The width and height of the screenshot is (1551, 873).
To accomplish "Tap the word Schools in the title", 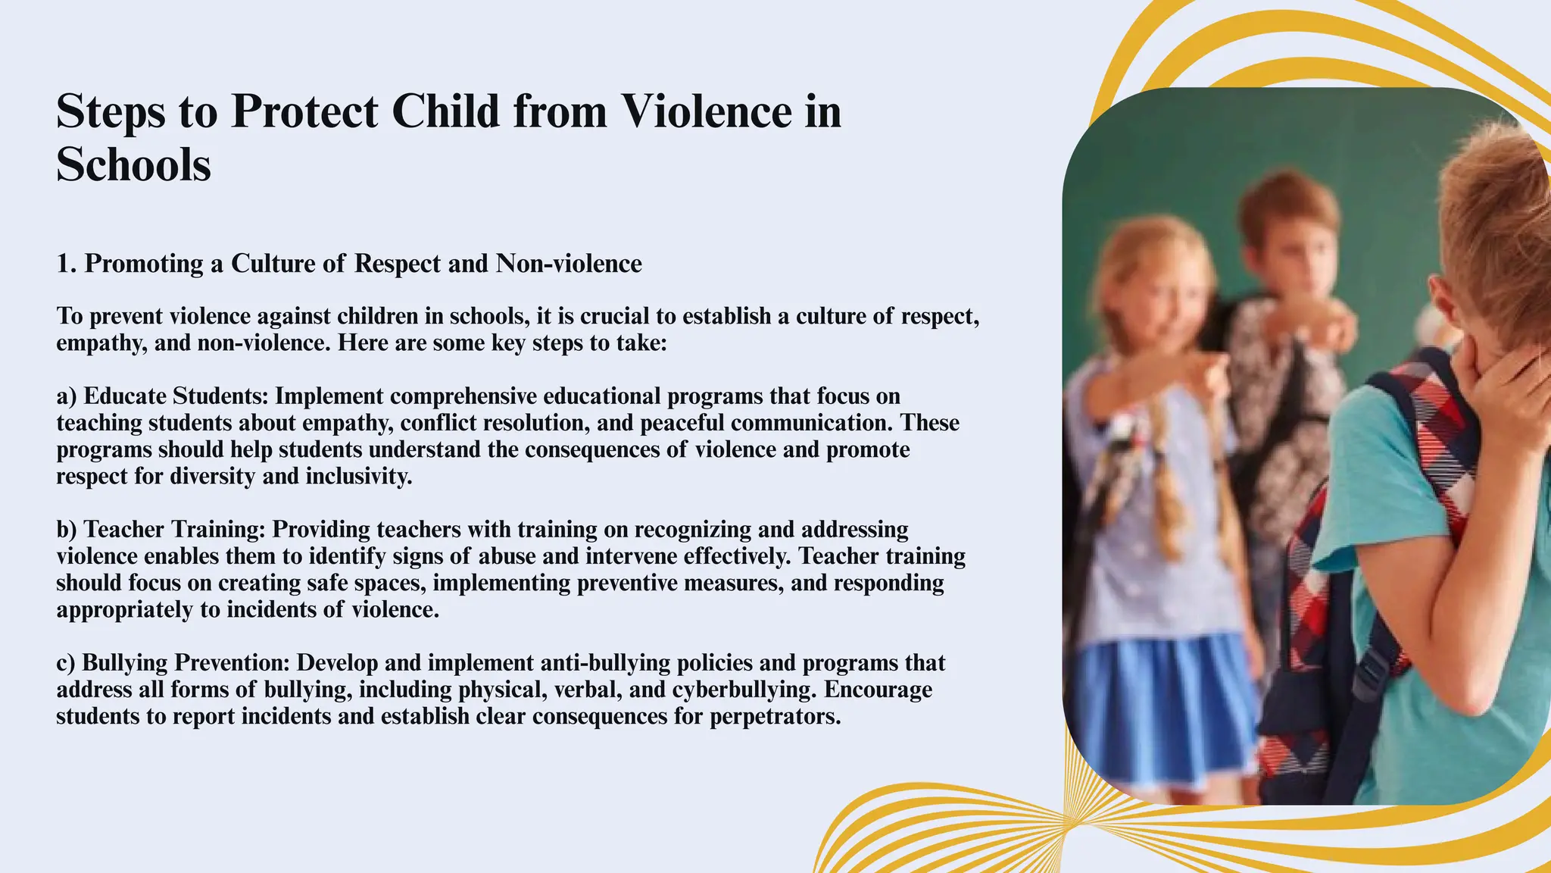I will pos(133,164).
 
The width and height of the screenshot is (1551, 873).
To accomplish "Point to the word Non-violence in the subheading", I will pos(569,264).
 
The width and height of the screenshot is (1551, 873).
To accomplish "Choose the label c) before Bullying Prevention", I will pos(66,663).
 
